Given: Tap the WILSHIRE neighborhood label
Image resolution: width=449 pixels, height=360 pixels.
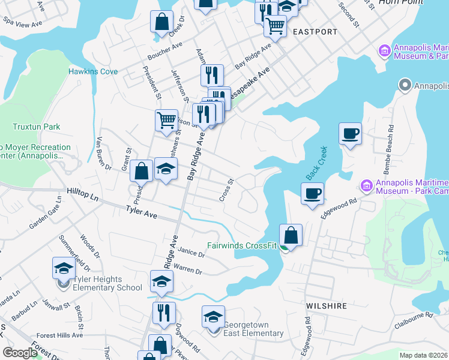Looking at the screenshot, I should click(x=327, y=306).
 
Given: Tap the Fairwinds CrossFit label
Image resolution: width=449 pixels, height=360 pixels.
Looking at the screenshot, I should click(x=242, y=245).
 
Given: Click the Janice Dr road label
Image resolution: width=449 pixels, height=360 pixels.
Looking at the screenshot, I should click(x=191, y=253).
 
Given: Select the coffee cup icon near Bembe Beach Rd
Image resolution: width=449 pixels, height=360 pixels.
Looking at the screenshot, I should click(x=350, y=133).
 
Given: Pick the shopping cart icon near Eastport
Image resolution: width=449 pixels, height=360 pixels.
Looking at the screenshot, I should click(x=275, y=25).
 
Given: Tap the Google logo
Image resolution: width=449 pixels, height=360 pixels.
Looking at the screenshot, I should click(x=20, y=353).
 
